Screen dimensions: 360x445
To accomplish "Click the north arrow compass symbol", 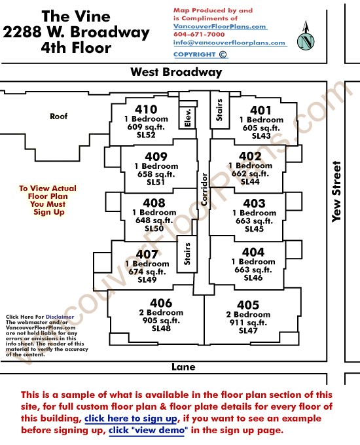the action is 306,37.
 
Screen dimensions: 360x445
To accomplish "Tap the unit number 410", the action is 146,109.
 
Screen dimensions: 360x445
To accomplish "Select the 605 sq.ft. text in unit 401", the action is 261,128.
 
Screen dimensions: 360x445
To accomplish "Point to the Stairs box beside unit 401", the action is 219,110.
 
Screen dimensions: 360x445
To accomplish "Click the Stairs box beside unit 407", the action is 187,254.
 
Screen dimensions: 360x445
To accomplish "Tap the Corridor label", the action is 204,189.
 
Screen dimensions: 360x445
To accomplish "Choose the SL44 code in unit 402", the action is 250,182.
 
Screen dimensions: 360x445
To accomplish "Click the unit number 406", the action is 161,303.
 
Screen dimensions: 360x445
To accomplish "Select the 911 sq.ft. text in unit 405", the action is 248,323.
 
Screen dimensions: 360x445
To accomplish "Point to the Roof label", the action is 59,116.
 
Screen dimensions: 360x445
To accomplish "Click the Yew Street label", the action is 336,192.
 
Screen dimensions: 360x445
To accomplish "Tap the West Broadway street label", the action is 176,72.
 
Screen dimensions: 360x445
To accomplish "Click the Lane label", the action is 183,367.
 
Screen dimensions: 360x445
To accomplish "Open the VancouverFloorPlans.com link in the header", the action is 220,26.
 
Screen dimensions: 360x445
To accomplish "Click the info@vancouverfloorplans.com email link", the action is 229,43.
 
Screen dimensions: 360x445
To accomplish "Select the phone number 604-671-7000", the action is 199,34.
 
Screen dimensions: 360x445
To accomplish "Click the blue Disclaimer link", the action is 60,317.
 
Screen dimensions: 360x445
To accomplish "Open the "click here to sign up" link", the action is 131,419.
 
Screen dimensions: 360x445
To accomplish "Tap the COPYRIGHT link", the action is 200,54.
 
